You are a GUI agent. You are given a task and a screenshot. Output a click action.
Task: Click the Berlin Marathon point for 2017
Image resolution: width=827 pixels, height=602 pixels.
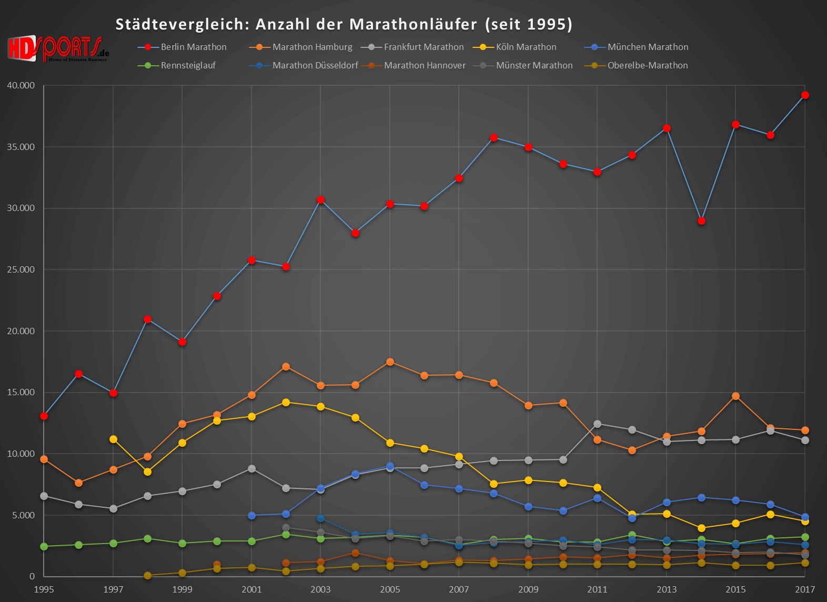tap(805, 95)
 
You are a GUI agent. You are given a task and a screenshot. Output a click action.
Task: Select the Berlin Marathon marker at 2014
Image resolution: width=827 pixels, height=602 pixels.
tap(701, 221)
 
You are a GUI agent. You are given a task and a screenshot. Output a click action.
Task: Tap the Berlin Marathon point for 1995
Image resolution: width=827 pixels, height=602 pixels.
tap(44, 416)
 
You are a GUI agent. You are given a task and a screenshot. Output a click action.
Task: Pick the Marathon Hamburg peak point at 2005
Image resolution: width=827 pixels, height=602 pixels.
tap(390, 362)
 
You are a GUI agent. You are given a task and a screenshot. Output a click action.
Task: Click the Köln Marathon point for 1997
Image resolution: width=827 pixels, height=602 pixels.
tap(113, 439)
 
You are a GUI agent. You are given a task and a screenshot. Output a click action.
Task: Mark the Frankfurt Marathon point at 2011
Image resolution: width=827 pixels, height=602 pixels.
tap(597, 424)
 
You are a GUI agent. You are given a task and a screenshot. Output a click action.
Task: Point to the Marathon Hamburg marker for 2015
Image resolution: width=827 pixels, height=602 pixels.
tap(735, 396)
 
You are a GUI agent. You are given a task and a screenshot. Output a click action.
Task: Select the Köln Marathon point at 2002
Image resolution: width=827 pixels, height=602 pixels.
tap(286, 403)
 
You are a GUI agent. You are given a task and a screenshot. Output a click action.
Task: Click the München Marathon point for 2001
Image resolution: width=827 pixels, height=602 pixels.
tap(251, 516)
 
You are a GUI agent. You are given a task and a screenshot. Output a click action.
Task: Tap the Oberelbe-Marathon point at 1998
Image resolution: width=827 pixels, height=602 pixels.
tap(147, 576)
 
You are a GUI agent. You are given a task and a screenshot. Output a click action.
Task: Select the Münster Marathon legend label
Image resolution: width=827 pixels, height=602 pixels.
tap(534, 65)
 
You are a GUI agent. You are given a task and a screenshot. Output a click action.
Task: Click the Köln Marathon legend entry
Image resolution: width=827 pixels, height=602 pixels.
tap(526, 47)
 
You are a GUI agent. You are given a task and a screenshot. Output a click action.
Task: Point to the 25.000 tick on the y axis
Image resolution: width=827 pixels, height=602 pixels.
tap(21, 269)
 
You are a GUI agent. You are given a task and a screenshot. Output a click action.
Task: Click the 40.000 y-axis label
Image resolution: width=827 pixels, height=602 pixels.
tap(21, 85)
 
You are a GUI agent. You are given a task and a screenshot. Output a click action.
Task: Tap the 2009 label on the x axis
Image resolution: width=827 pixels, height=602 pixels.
tap(528, 589)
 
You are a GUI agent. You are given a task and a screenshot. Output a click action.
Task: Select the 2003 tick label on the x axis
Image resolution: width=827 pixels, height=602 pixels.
tap(320, 589)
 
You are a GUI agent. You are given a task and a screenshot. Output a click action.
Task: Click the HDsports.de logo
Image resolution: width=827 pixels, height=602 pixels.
tap(58, 49)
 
